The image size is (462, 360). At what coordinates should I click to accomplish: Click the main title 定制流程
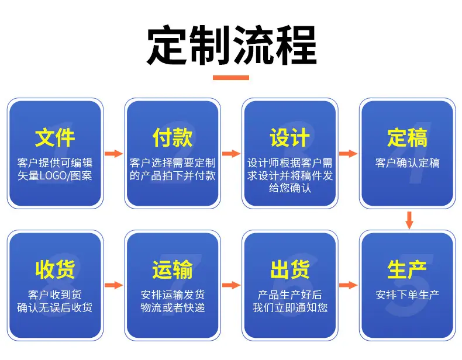coord(232,45)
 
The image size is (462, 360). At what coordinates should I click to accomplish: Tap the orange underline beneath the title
coord(231,78)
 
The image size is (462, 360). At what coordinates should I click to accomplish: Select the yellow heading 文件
coord(55,137)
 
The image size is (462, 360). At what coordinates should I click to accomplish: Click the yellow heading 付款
coord(173,137)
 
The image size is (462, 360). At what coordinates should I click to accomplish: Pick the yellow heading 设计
coord(290,137)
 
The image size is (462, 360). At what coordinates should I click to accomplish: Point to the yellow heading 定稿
coord(407,137)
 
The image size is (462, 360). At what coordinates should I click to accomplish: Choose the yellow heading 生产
coord(407,269)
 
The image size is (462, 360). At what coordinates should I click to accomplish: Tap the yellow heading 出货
coord(290,269)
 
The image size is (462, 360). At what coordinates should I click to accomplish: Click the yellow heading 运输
coord(173,269)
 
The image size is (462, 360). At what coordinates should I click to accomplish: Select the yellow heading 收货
coord(55,269)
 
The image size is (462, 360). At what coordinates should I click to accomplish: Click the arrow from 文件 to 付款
coord(113,153)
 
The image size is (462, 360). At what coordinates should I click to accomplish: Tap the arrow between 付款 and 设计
coord(232,153)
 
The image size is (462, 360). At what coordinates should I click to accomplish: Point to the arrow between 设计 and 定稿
coord(349,153)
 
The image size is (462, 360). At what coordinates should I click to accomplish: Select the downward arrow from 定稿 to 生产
coord(409,220)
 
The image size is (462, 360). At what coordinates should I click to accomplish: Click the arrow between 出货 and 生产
coord(349,285)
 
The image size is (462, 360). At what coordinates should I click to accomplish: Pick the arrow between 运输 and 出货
coord(232,285)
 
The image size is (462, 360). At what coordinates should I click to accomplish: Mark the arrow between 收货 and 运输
coord(113,285)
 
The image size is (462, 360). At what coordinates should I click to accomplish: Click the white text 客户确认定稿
coord(408,163)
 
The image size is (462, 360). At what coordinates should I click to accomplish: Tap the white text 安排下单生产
coord(408,295)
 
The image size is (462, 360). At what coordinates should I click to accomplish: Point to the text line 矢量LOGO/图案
coord(55,176)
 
